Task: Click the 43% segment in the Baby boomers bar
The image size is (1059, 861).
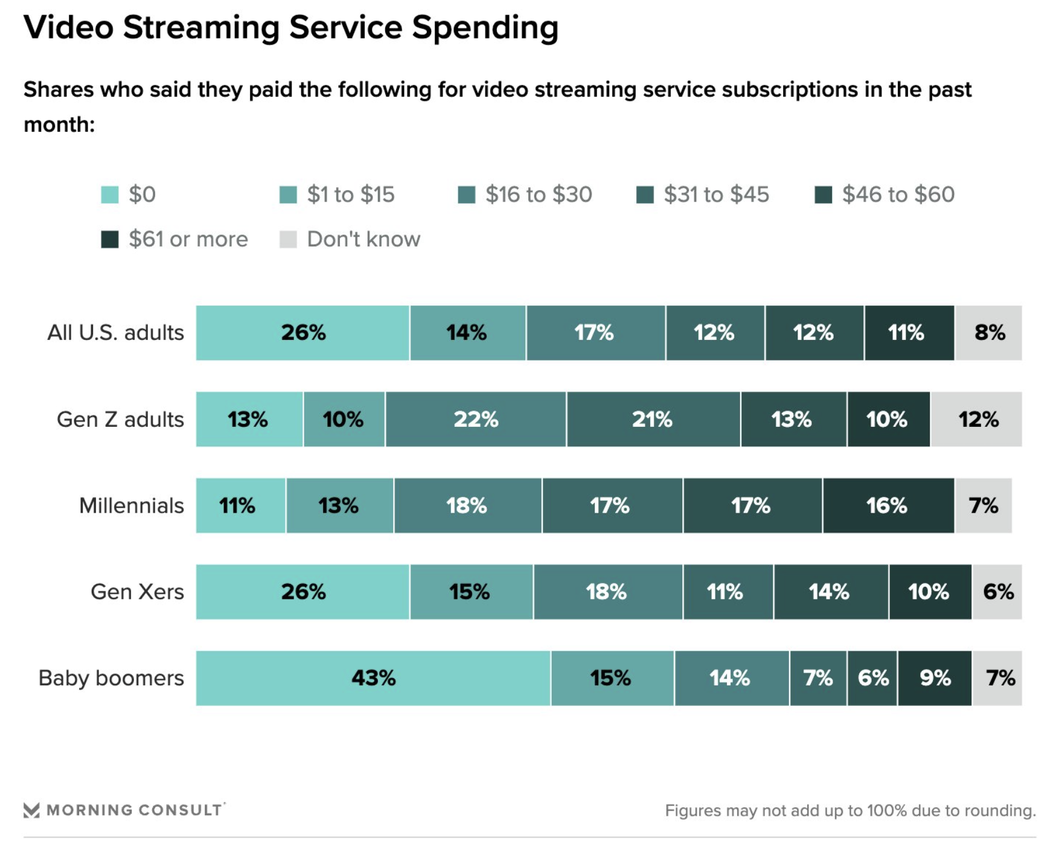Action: pyautogui.click(x=373, y=678)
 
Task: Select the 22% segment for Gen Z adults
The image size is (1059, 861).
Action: pyautogui.click(x=476, y=419)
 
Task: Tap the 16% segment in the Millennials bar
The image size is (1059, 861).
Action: pyautogui.click(x=888, y=505)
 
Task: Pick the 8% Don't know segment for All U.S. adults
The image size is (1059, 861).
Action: pyautogui.click(x=989, y=333)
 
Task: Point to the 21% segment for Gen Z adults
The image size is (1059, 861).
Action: pyautogui.click(x=653, y=419)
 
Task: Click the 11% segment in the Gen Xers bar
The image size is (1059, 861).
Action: pyautogui.click(x=728, y=592)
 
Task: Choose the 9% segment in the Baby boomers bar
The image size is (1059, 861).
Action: pyautogui.click(x=935, y=678)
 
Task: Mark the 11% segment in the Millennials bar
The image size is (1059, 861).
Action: pyautogui.click(x=240, y=505)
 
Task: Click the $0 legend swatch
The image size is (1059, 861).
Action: pyautogui.click(x=110, y=195)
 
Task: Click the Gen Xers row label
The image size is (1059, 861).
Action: pyautogui.click(x=137, y=592)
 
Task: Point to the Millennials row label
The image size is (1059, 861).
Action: pyautogui.click(x=131, y=505)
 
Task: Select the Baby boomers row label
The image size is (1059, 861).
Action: pyautogui.click(x=111, y=678)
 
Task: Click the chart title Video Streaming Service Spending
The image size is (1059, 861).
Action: pyautogui.click(x=291, y=28)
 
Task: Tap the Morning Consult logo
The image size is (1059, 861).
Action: pyautogui.click(x=124, y=810)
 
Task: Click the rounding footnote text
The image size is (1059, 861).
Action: pyautogui.click(x=850, y=810)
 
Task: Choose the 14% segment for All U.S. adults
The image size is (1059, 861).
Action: pyautogui.click(x=467, y=333)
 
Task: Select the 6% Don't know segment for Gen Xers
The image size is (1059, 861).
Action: pyautogui.click(x=997, y=592)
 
